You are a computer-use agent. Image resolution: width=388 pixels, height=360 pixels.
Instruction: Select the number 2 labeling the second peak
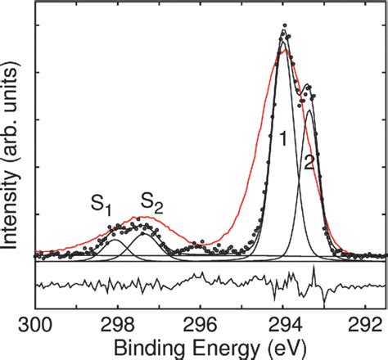(x=309, y=160)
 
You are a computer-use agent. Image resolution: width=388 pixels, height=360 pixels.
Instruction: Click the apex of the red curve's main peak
(x=283, y=51)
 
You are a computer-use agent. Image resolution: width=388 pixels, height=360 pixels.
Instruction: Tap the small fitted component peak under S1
(x=116, y=241)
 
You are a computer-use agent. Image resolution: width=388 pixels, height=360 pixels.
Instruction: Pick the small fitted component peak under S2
(x=144, y=233)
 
